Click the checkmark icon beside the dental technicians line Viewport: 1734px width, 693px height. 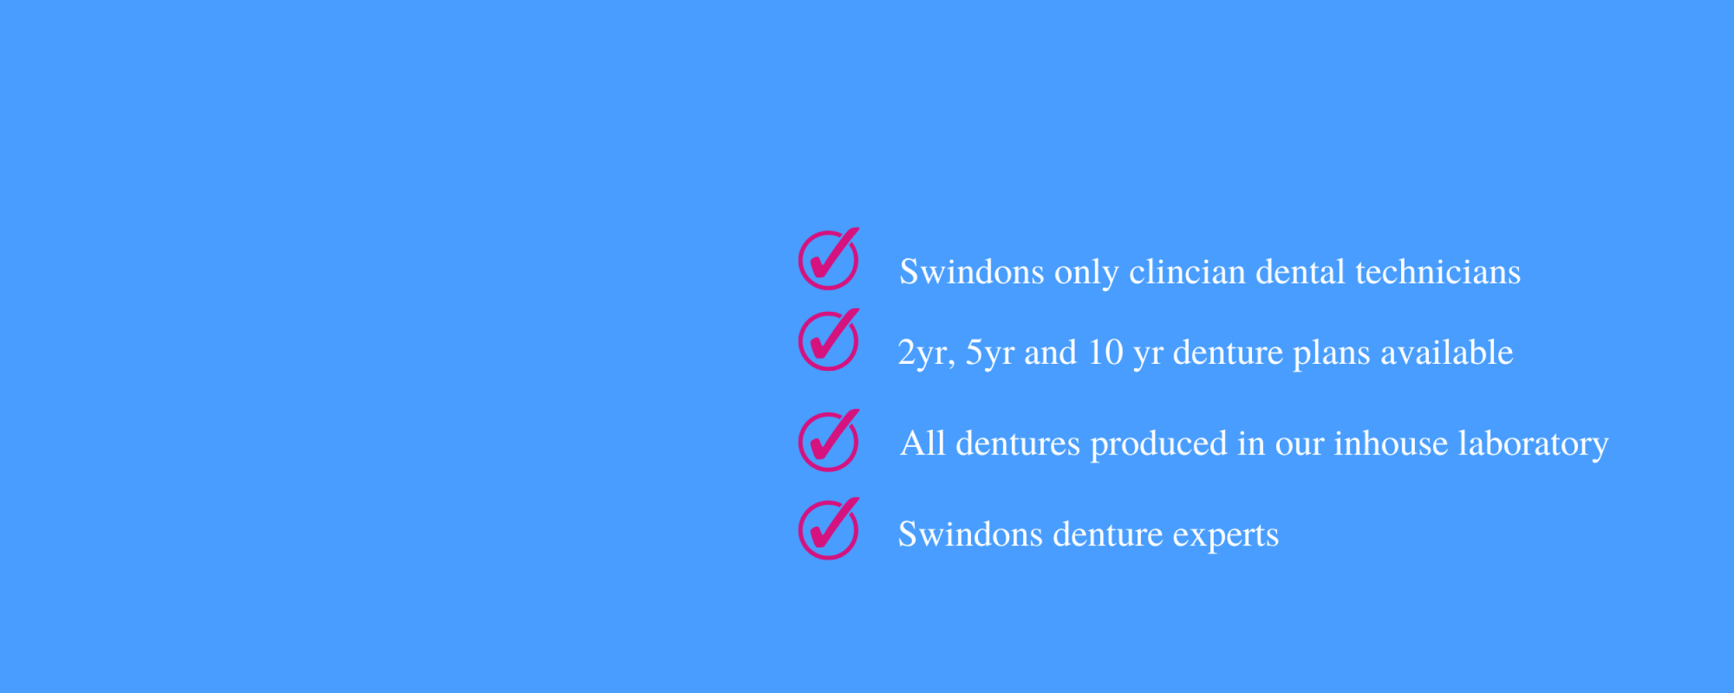click(x=828, y=260)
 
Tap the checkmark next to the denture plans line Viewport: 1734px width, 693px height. click(x=828, y=340)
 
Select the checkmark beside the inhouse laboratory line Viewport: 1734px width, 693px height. click(x=828, y=441)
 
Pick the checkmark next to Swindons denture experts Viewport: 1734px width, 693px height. click(x=828, y=529)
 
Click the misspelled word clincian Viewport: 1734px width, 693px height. click(x=1187, y=272)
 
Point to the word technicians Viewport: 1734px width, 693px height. click(x=1438, y=272)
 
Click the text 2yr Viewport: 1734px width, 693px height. click(x=926, y=353)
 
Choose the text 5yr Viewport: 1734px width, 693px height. click(x=990, y=353)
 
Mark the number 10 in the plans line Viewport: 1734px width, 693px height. click(x=1106, y=352)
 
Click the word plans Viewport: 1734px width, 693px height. click(x=1332, y=353)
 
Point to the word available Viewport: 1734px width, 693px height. click(x=1447, y=352)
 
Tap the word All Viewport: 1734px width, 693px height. click(x=922, y=443)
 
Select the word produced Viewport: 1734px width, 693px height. click(x=1159, y=444)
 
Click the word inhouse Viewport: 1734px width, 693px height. click(x=1391, y=443)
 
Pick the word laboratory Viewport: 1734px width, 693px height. click(x=1533, y=444)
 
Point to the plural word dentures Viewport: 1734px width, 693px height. click(x=1018, y=444)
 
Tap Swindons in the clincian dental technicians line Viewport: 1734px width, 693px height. click(x=972, y=272)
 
